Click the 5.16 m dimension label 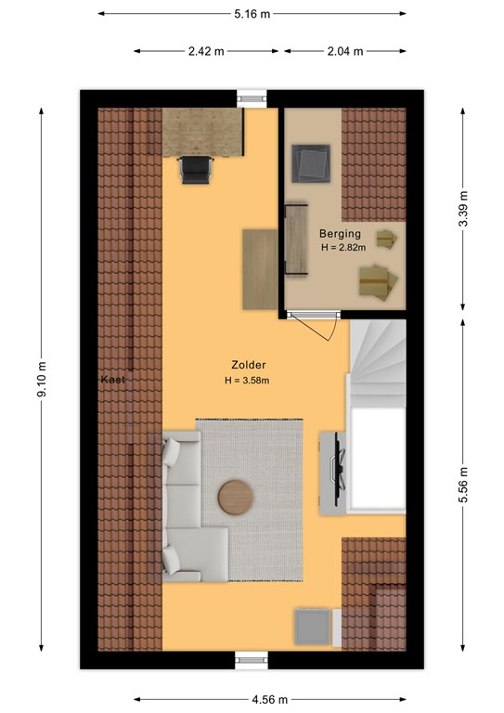point(252,14)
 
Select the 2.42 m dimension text point(206,51)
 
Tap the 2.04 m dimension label point(345,51)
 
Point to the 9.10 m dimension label point(42,379)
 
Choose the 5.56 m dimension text point(462,486)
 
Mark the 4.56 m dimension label point(270,699)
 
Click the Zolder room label point(249,365)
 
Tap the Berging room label point(340,234)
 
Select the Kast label point(112,379)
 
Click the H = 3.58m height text point(247,381)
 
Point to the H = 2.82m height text point(343,247)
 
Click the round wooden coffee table point(236,498)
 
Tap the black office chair point(196,170)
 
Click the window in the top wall point(252,97)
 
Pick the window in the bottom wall point(252,660)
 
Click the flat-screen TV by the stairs point(339,469)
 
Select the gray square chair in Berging point(311,163)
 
